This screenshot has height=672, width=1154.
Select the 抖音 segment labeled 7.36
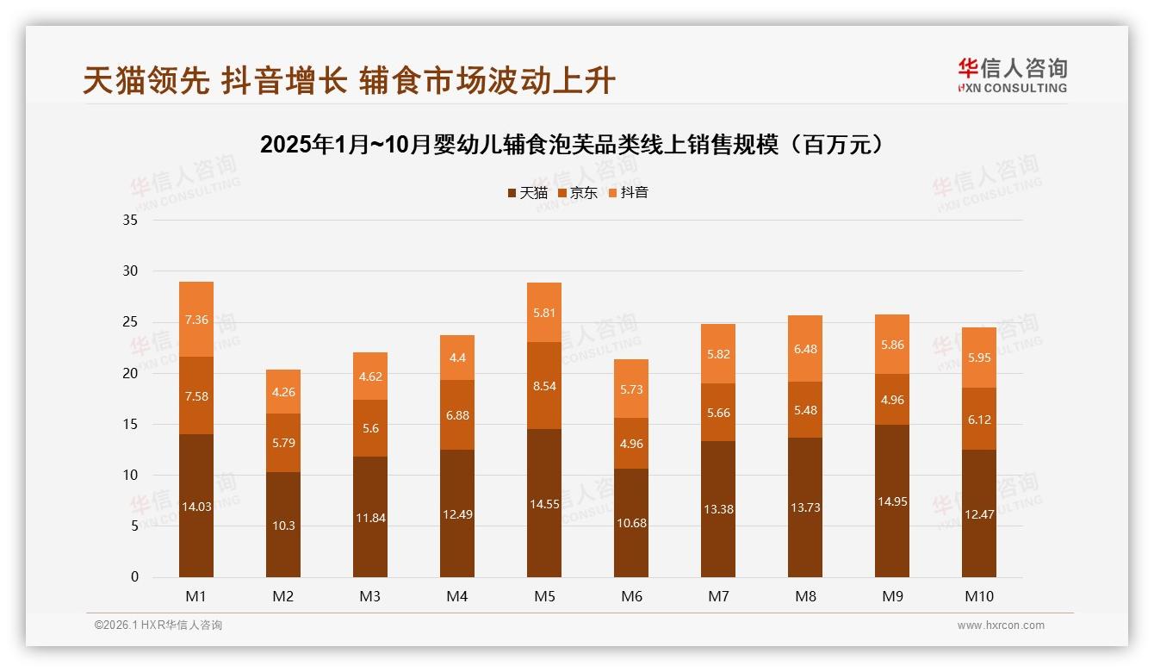coord(196,320)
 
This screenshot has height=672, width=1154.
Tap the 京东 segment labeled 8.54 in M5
coord(544,386)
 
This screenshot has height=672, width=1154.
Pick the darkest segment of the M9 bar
coord(892,501)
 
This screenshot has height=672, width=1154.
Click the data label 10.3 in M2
coord(283,526)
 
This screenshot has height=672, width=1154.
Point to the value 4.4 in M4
coord(457,358)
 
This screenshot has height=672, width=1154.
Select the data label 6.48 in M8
coord(805,349)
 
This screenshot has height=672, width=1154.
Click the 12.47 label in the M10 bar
coord(979,514)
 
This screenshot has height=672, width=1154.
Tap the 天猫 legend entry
coord(528,193)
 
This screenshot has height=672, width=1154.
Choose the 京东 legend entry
coord(579,193)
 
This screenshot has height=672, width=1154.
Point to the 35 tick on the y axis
coord(130,221)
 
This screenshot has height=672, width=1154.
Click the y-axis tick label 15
coord(130,425)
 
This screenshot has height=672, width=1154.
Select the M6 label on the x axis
coord(631,596)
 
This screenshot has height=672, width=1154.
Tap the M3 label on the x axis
coord(370,596)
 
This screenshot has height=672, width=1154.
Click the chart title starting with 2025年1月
coord(573,144)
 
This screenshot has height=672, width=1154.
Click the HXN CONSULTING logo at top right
coord(1012,76)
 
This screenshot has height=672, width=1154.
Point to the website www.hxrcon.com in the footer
coord(1001,625)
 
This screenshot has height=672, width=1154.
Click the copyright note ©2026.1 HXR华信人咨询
coord(158,625)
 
